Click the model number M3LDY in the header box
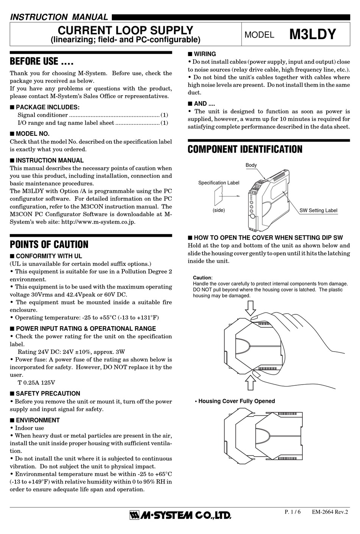click(313, 34)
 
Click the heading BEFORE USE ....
click(41, 61)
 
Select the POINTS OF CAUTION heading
click(49, 244)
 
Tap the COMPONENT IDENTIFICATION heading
click(245, 149)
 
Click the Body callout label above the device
click(251, 165)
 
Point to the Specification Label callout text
click(219, 183)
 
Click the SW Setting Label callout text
click(318, 210)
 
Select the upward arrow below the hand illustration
click(250, 383)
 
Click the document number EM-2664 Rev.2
click(330, 512)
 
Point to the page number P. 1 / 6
click(292, 512)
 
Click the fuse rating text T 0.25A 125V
click(36, 383)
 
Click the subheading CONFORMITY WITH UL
click(49, 256)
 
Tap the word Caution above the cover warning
click(202, 278)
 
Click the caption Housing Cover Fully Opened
click(236, 401)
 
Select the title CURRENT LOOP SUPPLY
click(125, 30)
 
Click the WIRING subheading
click(205, 54)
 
